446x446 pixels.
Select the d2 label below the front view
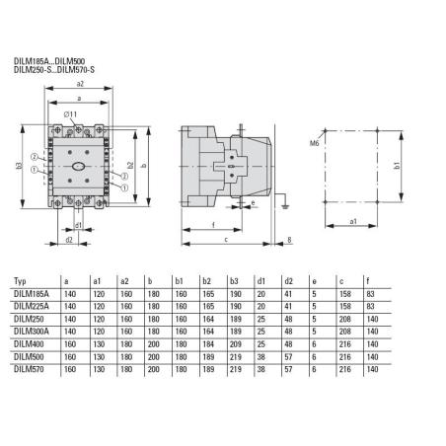(68, 239)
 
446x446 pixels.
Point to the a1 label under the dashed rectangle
(353, 223)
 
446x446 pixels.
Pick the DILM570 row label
(29, 369)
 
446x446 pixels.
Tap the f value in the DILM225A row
(369, 307)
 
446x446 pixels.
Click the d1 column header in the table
(260, 282)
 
